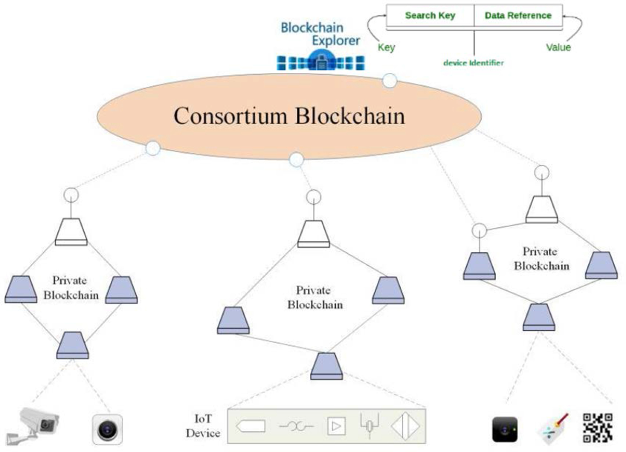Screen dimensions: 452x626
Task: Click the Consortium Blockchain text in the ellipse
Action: pyautogui.click(x=289, y=116)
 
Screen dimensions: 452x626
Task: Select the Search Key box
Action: pyautogui.click(x=430, y=16)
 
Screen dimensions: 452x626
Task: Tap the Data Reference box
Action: pyautogui.click(x=518, y=16)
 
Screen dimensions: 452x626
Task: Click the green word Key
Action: pyautogui.click(x=386, y=47)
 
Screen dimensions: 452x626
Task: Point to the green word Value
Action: pyautogui.click(x=558, y=47)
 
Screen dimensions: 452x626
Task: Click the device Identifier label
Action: pyautogui.click(x=473, y=63)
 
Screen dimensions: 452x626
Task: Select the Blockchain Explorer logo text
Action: pyautogui.click(x=320, y=34)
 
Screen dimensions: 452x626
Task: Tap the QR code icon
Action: pyautogui.click(x=597, y=427)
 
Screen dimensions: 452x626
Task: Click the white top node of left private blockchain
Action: pyautogui.click(x=71, y=231)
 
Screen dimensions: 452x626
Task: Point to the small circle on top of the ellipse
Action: pyautogui.click(x=390, y=80)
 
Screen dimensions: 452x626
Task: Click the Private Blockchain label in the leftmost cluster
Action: pyautogui.click(x=71, y=288)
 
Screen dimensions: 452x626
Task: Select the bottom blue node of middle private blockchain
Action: pyautogui.click(x=327, y=366)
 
